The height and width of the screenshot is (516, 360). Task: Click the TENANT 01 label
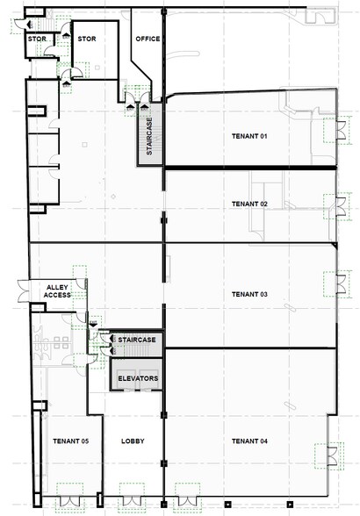[248, 136]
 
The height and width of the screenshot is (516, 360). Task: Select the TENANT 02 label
[248, 204]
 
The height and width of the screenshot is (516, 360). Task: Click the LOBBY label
[133, 441]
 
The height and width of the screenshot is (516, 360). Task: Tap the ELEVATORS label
[138, 378]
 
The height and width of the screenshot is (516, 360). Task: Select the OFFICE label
[147, 39]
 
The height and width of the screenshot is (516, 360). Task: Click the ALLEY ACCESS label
[44, 290]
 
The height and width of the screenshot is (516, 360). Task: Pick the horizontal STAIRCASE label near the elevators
[137, 340]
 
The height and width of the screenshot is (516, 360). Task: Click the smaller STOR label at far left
[36, 39]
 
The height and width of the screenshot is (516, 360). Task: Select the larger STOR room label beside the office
[87, 39]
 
